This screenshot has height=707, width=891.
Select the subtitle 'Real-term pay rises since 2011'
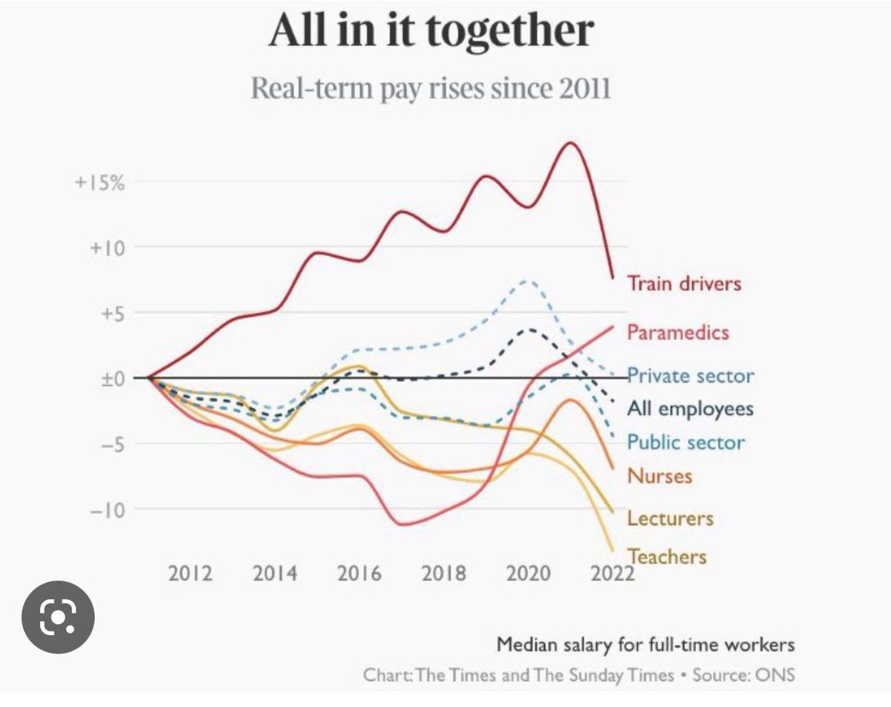click(431, 88)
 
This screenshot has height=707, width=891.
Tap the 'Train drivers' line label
click(684, 283)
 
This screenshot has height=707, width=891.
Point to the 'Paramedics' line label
click(678, 332)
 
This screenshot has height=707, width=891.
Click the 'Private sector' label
click(691, 376)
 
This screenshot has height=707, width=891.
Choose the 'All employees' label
click(690, 408)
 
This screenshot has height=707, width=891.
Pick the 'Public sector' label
click(685, 443)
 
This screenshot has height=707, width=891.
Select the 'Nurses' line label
click(659, 475)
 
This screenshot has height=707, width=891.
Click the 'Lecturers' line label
click(670, 518)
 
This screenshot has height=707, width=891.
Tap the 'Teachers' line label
click(667, 556)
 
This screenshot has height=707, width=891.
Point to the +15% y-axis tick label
click(99, 183)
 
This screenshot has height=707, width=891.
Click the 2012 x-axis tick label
click(191, 574)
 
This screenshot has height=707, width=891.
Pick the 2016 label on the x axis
click(360, 574)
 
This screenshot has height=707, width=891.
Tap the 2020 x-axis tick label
click(529, 574)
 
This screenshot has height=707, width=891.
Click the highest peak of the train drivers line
click(570, 143)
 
